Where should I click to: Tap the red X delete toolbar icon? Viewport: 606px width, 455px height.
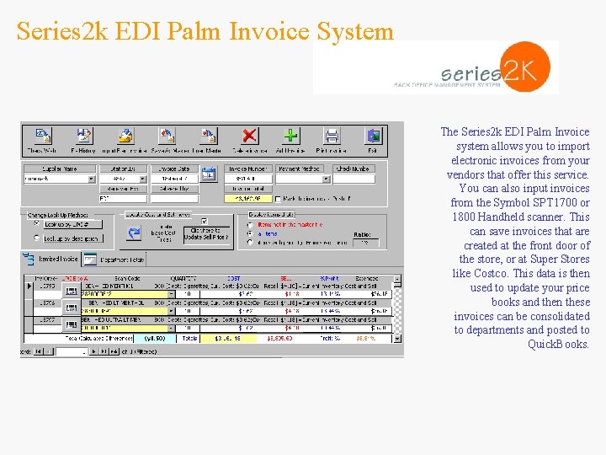coord(249,136)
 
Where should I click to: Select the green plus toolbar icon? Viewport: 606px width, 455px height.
coord(290,136)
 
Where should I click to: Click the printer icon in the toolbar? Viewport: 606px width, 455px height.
coord(332,136)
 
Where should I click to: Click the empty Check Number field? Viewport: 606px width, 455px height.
coord(354,179)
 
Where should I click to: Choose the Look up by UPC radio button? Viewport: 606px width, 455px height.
coord(35,224)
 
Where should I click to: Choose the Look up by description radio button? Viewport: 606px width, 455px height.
coord(35,238)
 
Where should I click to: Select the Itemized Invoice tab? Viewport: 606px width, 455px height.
coord(56,260)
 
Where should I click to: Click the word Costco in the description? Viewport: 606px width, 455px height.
coord(492,274)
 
